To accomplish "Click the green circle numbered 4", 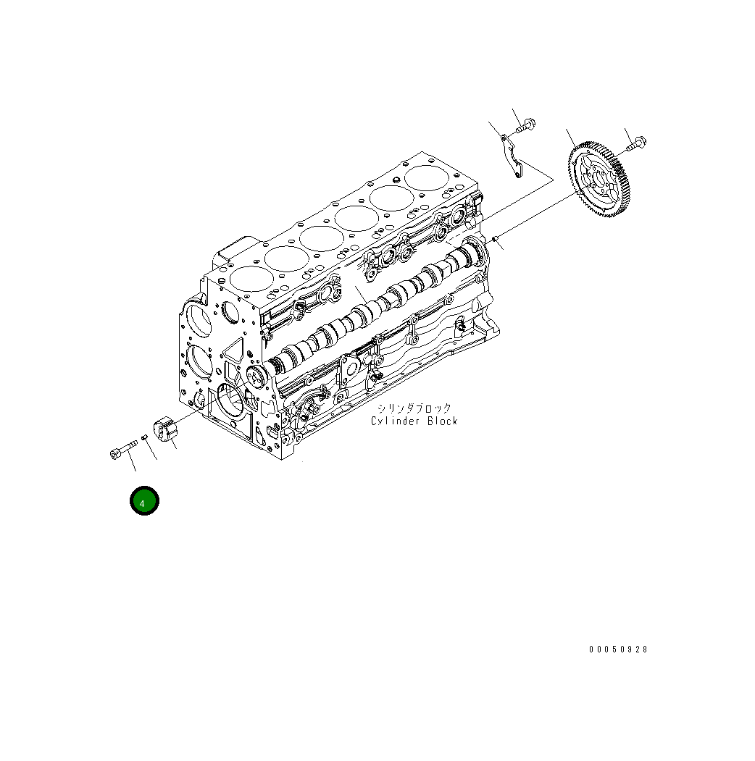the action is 144,500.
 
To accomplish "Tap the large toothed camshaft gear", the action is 601,180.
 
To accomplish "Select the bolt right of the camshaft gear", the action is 636,143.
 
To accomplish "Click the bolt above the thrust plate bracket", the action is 526,125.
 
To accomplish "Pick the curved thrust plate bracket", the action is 512,156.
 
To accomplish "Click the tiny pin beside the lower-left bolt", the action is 144,438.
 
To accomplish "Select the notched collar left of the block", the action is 166,429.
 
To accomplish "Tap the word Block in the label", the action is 442,421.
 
